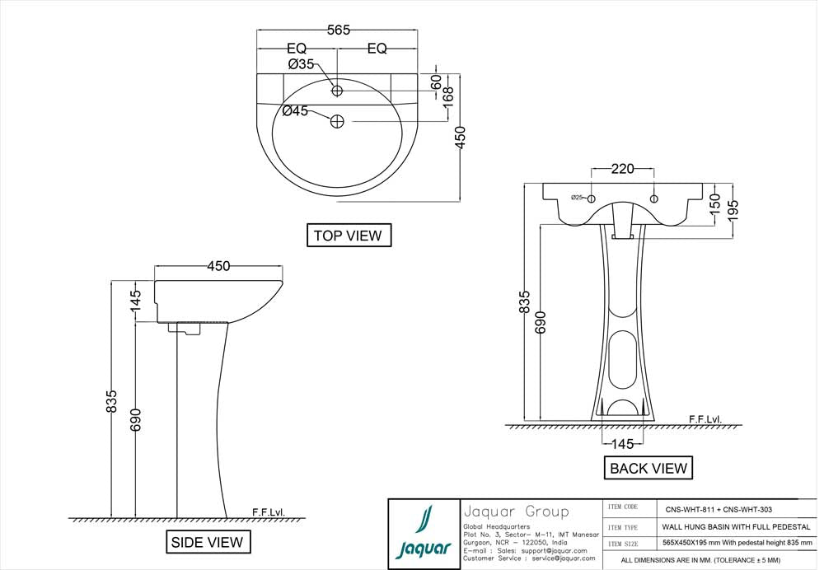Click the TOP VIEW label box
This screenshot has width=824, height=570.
click(348, 236)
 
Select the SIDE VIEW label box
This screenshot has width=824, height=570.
click(207, 542)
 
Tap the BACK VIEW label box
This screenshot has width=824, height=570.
click(648, 469)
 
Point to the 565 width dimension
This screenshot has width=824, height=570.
click(339, 30)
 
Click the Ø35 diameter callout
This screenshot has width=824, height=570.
click(301, 64)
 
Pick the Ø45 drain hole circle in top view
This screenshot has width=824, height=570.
click(337, 122)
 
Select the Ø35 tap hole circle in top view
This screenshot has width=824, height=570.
click(337, 91)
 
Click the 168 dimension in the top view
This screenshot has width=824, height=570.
click(449, 93)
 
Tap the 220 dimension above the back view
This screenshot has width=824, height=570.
click(622, 169)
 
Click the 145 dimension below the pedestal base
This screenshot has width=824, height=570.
click(622, 444)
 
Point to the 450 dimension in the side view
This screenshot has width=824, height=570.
click(218, 266)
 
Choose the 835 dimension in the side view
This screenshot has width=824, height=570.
click(111, 400)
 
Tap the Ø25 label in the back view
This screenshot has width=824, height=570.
click(578, 198)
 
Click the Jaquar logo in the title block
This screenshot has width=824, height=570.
click(424, 533)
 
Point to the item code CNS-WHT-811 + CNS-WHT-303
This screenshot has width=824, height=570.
click(714, 509)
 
